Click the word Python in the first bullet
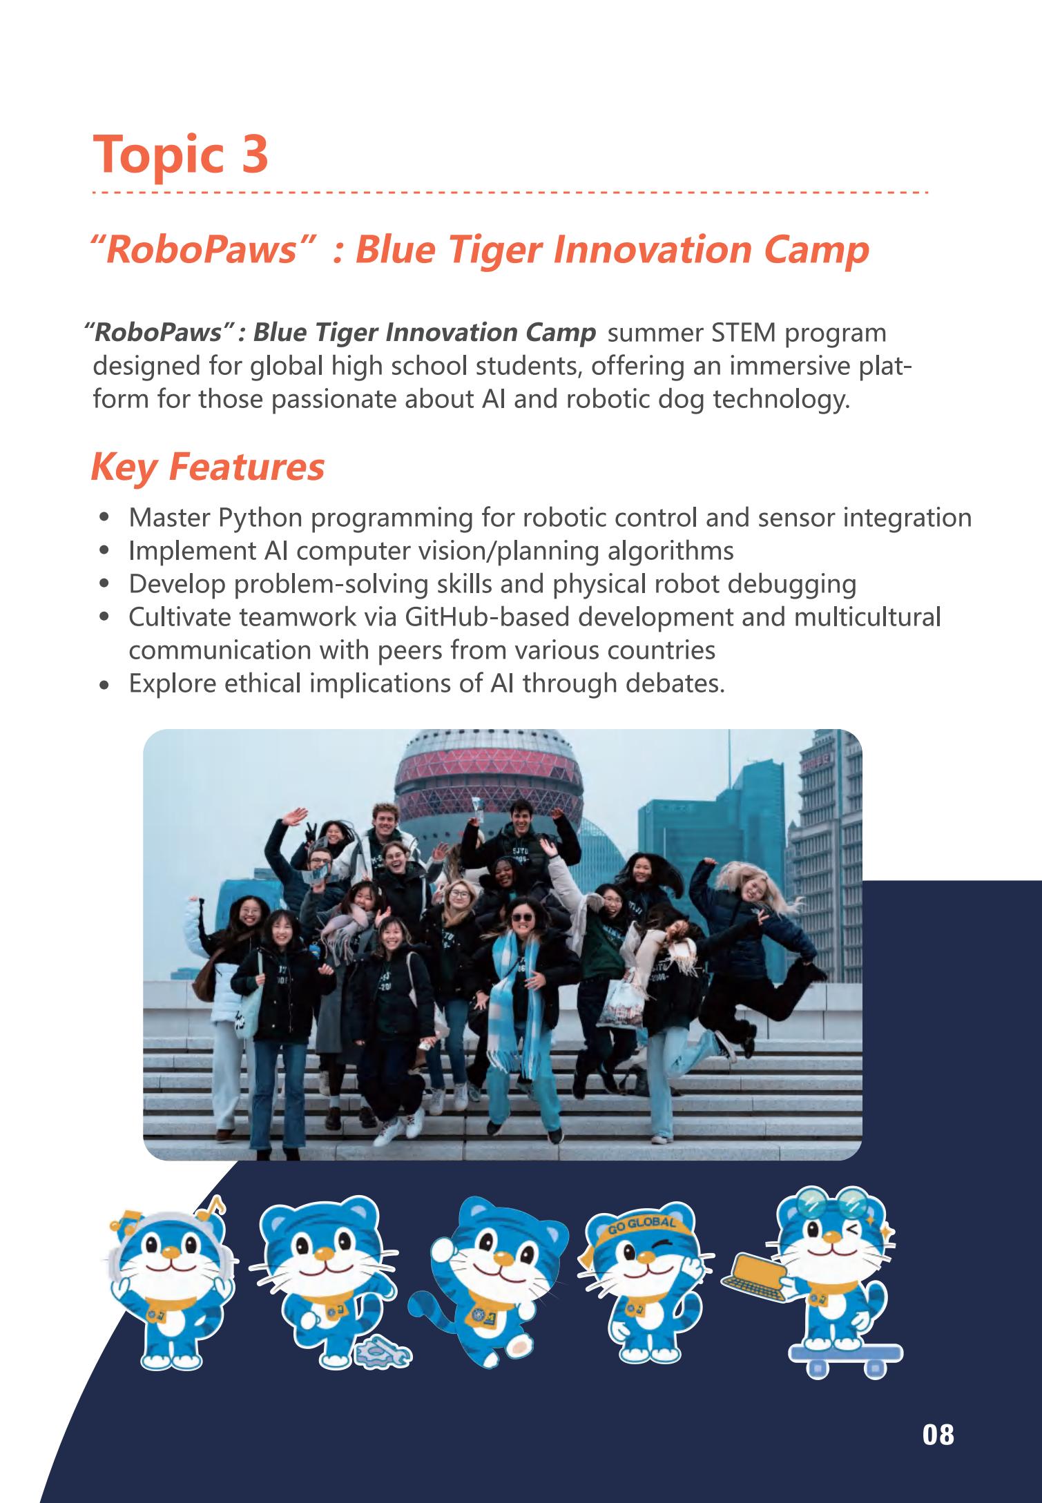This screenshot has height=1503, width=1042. point(260,518)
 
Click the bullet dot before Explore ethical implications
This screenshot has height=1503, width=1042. point(104,686)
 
